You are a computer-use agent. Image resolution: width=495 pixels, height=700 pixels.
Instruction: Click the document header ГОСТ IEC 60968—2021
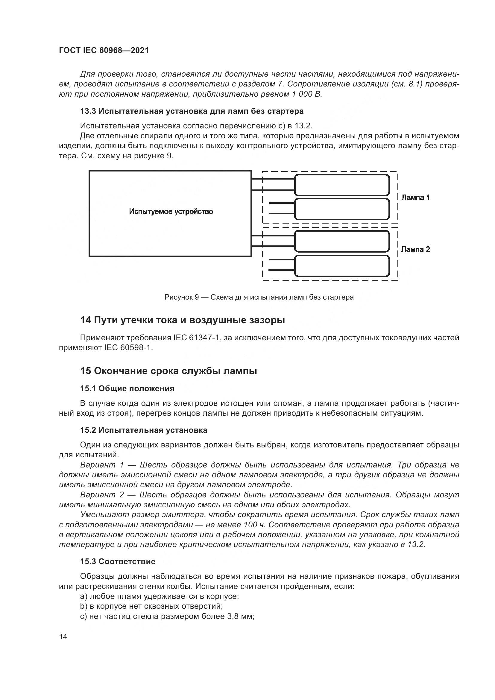tap(104, 51)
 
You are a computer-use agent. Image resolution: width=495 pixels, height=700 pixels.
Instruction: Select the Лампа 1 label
tap(415, 198)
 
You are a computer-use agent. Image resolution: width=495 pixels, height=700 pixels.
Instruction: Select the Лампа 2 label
tap(415, 249)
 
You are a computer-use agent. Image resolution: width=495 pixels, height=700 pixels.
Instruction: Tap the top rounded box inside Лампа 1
tap(341, 185)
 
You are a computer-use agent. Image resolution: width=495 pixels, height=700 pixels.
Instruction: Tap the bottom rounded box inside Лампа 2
tap(341, 266)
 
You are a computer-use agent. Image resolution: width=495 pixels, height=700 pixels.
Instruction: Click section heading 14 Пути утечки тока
tap(182, 320)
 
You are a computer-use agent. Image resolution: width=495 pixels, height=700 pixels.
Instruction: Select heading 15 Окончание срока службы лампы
tap(168, 371)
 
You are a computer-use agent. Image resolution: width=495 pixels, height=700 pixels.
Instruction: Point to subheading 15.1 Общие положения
tap(127, 388)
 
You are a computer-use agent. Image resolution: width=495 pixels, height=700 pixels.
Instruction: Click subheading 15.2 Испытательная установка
tap(144, 430)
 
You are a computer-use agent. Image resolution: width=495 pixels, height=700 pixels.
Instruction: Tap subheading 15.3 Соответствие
tap(118, 561)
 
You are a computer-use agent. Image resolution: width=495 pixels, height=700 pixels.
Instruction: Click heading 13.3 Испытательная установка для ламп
tap(192, 111)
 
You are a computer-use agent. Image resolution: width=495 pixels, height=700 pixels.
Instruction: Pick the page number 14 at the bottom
tap(63, 637)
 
